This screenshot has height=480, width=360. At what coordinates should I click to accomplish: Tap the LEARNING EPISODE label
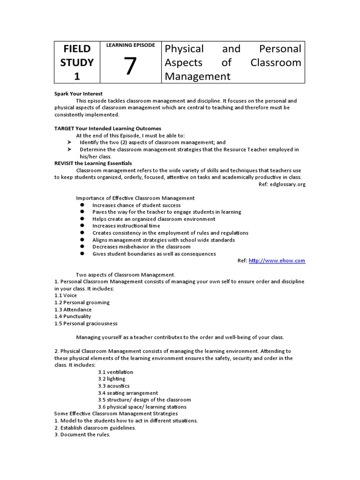tap(130, 45)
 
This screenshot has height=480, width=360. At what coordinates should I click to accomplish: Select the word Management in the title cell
tap(197, 76)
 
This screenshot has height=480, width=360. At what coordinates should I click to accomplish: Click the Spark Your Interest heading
tap(78, 94)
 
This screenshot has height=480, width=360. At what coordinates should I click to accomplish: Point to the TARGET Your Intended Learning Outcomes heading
tap(108, 128)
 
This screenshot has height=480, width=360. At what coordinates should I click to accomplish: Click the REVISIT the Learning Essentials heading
tap(93, 163)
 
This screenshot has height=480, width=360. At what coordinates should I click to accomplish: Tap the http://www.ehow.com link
tap(277, 261)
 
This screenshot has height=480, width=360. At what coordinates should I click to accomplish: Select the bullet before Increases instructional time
tap(82, 226)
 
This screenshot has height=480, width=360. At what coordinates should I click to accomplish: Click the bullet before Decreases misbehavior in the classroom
tap(82, 247)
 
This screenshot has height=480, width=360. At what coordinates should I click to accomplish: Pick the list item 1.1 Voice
tap(66, 295)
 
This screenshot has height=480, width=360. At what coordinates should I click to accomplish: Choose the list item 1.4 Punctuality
tap(73, 316)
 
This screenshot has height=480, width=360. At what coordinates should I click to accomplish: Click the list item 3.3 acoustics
tap(113, 386)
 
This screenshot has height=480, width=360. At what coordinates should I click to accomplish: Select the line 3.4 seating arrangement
tap(127, 393)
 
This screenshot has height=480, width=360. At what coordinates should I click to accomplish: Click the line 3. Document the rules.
tap(82, 435)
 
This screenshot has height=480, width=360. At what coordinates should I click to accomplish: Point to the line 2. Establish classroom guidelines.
tap(95, 427)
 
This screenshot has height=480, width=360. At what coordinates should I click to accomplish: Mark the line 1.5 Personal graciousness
tap(86, 323)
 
